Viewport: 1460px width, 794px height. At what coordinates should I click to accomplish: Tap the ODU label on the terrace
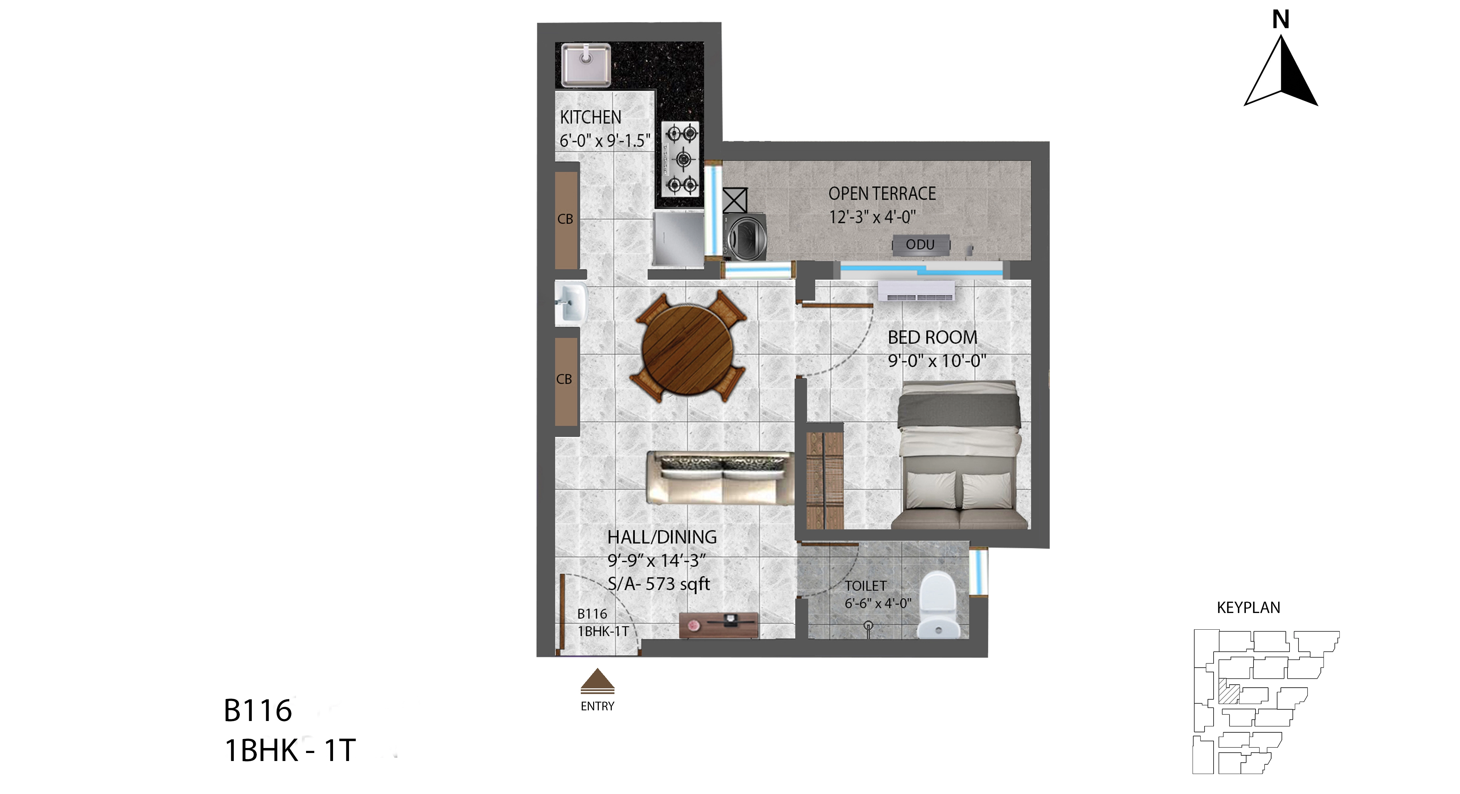tap(920, 244)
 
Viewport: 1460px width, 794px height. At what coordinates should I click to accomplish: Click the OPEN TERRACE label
tap(882, 193)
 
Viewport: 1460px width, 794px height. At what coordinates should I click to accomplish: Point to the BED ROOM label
tap(932, 337)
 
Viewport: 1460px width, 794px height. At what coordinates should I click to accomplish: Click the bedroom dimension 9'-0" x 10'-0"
tap(937, 361)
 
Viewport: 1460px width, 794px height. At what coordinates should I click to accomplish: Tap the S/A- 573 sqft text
tap(659, 584)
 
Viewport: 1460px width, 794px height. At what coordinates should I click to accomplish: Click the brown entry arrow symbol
tap(597, 681)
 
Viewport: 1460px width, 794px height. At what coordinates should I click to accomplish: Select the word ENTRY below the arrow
tap(597, 706)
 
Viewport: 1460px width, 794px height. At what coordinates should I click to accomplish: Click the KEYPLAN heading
tap(1248, 607)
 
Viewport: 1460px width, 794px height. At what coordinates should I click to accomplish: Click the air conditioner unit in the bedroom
tap(916, 291)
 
